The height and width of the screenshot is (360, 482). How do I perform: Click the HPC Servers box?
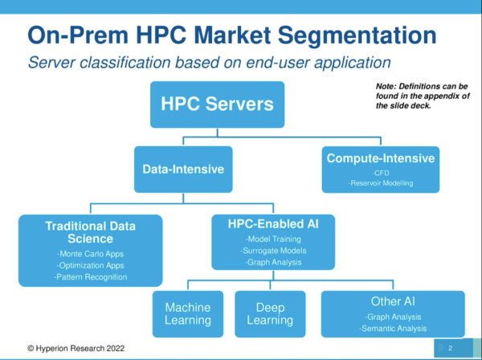click(218, 104)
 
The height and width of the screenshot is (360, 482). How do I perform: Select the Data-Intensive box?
click(183, 170)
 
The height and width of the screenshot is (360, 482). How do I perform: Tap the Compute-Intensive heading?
click(381, 158)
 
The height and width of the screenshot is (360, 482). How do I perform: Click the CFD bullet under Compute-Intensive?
click(381, 173)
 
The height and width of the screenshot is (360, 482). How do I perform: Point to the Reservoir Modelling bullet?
click(381, 183)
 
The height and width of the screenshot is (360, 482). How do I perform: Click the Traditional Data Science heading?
click(90, 232)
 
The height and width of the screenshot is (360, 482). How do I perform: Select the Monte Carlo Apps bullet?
click(90, 254)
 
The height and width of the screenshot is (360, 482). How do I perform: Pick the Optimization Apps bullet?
click(90, 266)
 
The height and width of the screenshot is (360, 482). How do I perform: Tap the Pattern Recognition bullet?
click(90, 277)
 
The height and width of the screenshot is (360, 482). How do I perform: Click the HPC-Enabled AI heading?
click(273, 224)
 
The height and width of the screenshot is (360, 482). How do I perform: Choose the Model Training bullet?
click(273, 239)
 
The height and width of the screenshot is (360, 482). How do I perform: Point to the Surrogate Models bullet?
click(273, 251)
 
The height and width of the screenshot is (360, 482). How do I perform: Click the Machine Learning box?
click(188, 314)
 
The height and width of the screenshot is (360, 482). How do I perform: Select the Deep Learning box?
click(270, 314)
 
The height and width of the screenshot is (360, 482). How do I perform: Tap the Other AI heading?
click(393, 301)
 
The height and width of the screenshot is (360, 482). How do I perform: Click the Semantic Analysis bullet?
click(393, 329)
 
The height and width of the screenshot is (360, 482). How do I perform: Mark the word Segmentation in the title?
click(357, 36)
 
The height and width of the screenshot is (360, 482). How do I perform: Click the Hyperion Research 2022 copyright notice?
click(76, 348)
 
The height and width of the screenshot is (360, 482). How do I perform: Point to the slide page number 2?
click(451, 348)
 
